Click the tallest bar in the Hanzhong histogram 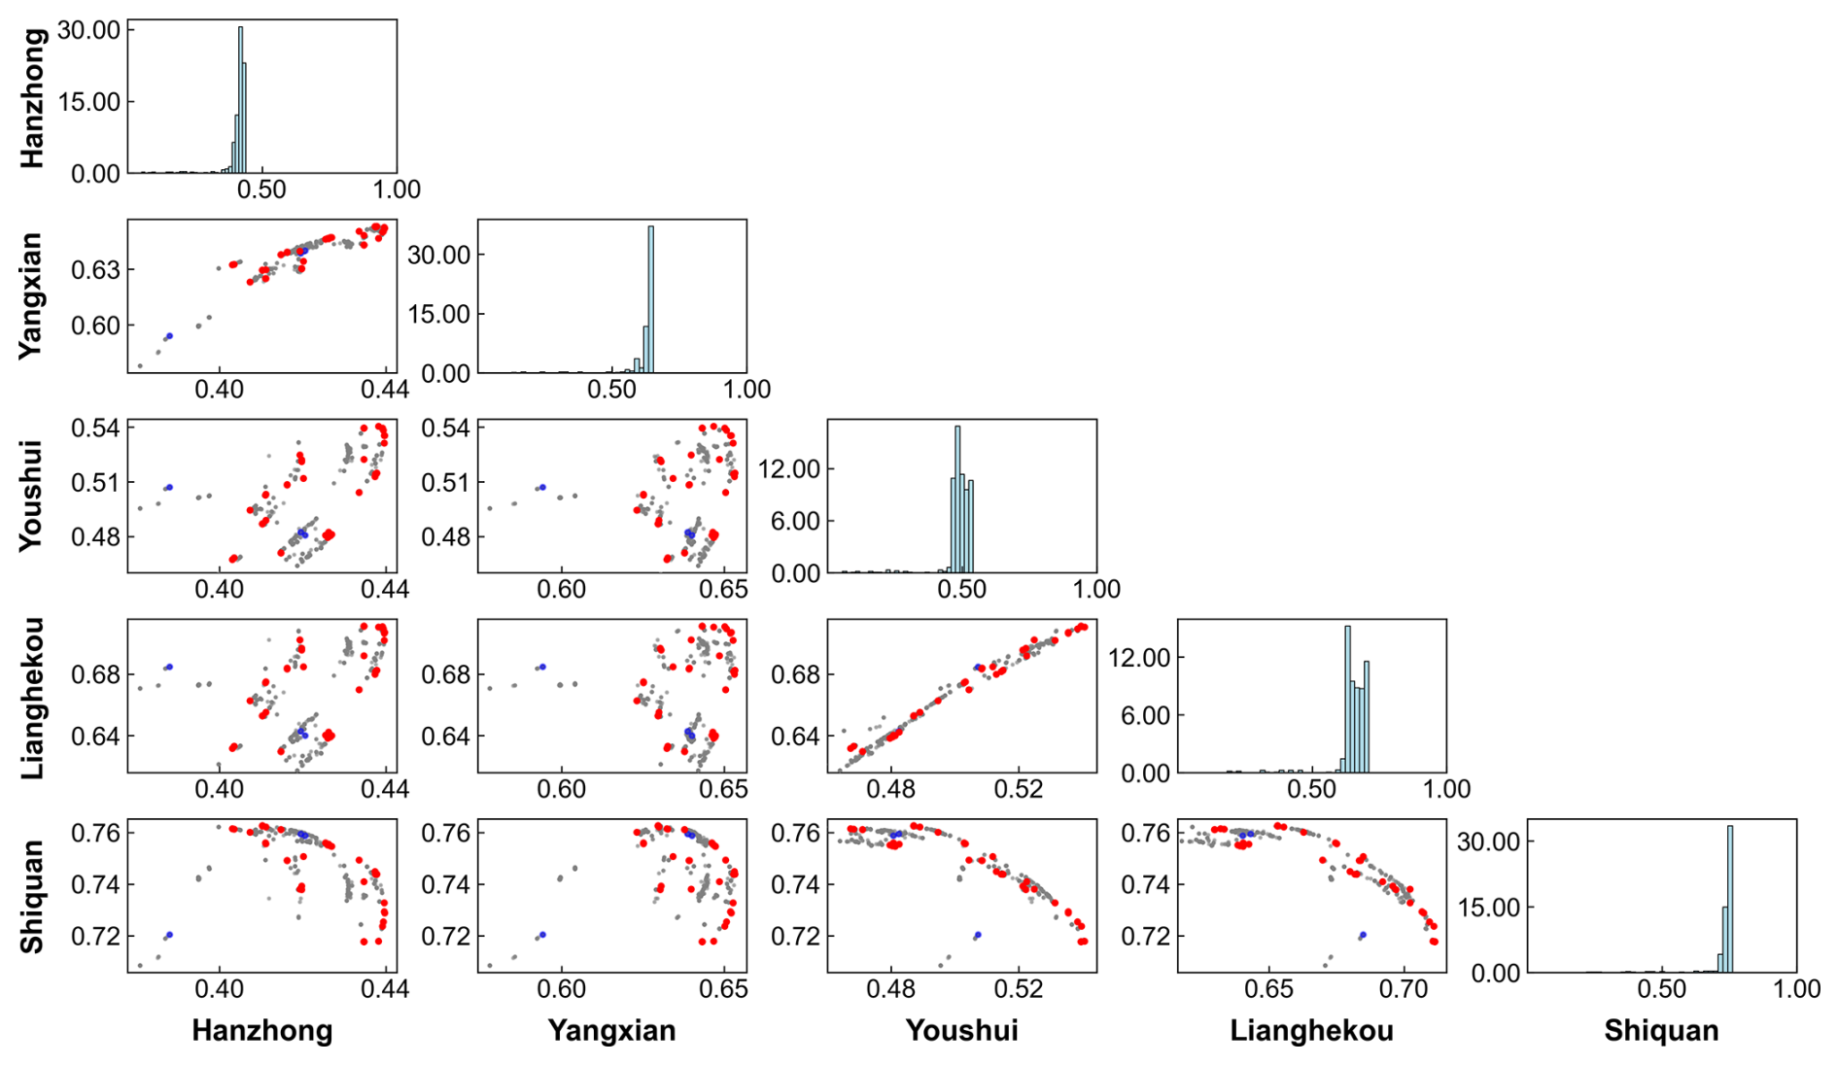tap(240, 97)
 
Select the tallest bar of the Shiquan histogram tap(1730, 899)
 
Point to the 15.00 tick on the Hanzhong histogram tap(89, 102)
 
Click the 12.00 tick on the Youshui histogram tap(789, 469)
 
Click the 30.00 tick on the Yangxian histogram tap(439, 255)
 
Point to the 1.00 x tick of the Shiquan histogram tap(1796, 988)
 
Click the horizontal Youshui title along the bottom tap(961, 1031)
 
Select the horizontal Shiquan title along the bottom tap(1661, 1031)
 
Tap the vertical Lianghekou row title tap(32, 698)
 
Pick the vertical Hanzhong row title tap(32, 97)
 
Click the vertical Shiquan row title tap(32, 896)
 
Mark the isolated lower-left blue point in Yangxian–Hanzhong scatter tap(169, 336)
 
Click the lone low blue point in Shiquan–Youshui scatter tap(978, 935)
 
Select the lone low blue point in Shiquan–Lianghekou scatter tap(1363, 935)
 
